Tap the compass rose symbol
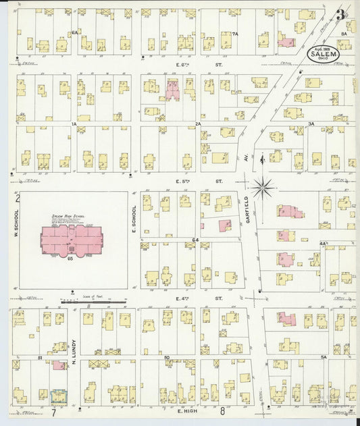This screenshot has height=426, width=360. coord(263,183)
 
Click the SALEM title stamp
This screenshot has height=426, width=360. coord(323,52)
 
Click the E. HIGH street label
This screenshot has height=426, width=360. coord(186,410)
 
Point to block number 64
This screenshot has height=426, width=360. coord(195,240)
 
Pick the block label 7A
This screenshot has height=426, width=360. coord(235,33)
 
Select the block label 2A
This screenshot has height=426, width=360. coord(198,124)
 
